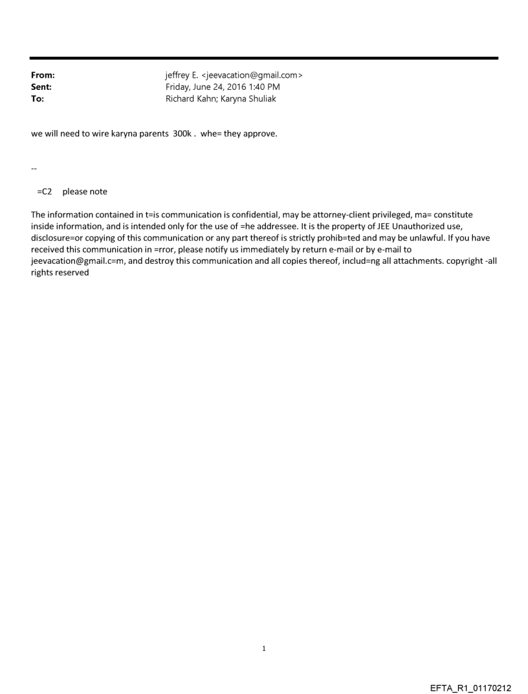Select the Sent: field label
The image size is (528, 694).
(41, 87)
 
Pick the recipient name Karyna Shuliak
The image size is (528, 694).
(249, 98)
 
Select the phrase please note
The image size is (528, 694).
(85, 191)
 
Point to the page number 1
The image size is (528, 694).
(264, 648)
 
